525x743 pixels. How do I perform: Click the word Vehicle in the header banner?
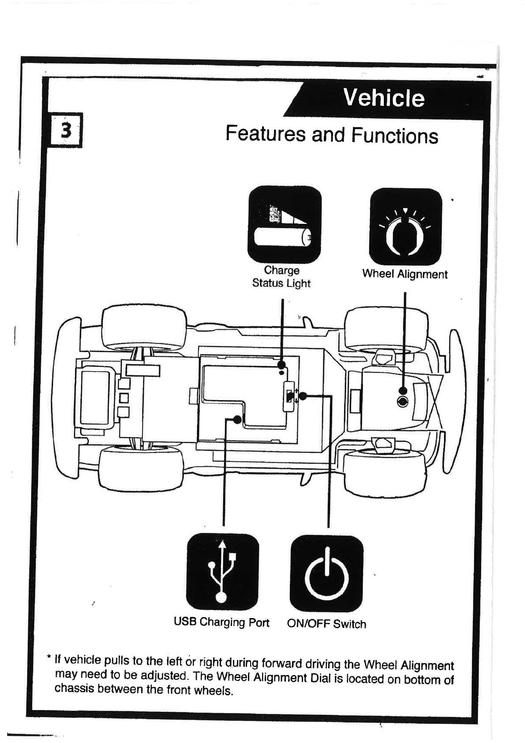(383, 98)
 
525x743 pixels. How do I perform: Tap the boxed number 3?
(66, 130)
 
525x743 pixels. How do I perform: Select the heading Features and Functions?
(332, 134)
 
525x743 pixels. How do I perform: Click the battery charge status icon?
(284, 224)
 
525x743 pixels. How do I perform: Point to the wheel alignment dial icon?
(405, 226)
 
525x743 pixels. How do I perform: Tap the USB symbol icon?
(222, 572)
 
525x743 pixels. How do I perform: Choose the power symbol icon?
(326, 573)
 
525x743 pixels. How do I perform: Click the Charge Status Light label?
(281, 277)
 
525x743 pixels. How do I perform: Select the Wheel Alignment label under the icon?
(405, 274)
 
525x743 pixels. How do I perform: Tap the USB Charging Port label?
(221, 622)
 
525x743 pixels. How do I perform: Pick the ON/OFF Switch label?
(326, 624)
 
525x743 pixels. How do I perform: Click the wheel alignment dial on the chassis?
(402, 402)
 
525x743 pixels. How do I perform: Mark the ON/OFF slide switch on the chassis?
(289, 396)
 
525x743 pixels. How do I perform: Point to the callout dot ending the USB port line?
(237, 419)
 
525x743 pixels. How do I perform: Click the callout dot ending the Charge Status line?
(282, 365)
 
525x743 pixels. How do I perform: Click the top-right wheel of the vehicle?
(386, 329)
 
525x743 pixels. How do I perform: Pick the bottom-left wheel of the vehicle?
(141, 468)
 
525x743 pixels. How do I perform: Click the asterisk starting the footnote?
(49, 657)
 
